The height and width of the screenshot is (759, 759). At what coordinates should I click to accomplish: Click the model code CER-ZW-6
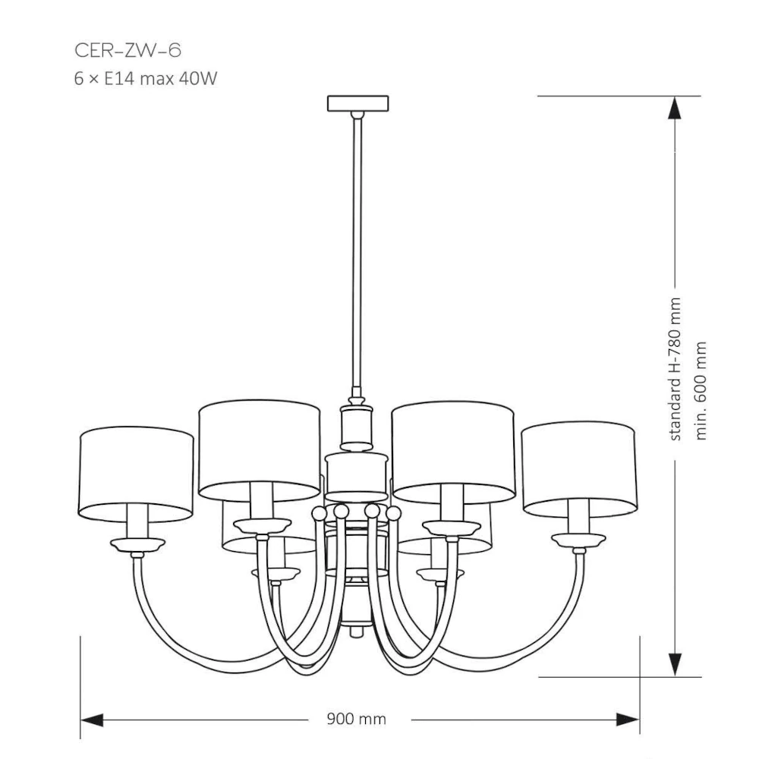pos(128,50)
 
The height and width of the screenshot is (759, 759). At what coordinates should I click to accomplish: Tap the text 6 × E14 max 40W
pos(146,78)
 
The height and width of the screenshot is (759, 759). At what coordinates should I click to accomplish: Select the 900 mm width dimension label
pos(356,719)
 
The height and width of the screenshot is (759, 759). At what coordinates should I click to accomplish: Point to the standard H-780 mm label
pos(675,369)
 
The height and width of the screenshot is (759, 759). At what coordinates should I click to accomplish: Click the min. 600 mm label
pos(701,391)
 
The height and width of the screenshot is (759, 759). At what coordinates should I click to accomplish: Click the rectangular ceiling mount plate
pos(357,103)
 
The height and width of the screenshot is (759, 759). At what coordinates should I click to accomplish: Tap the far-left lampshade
pos(136,474)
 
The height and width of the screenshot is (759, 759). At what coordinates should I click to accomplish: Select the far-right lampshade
pos(578,468)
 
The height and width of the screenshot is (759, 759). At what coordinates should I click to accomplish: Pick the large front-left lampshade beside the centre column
pos(260,451)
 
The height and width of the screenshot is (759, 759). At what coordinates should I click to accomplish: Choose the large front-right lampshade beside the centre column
pos(453,451)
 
